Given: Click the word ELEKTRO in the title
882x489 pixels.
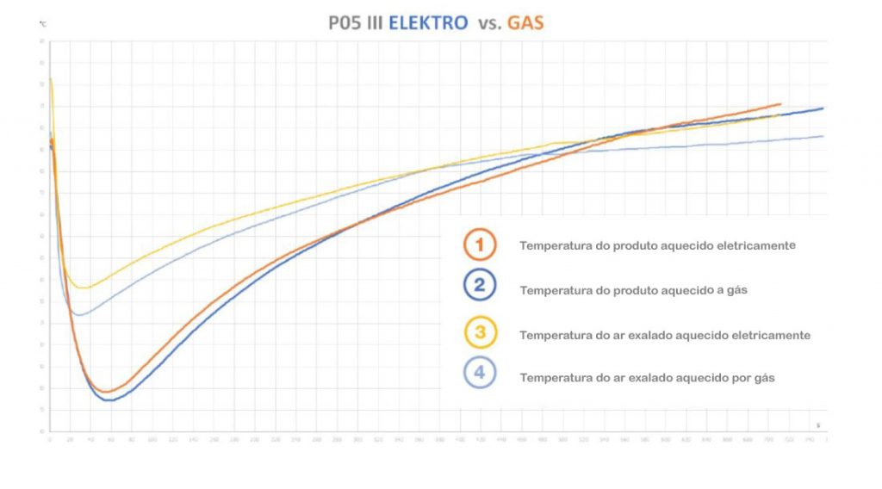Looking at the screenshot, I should (x=427, y=24).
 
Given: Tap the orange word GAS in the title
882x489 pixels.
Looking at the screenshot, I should (x=525, y=24).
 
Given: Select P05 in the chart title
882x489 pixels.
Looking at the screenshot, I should (x=347, y=24).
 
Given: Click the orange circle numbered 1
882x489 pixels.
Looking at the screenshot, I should (x=480, y=245).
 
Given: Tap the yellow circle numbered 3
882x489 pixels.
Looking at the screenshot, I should (x=480, y=332).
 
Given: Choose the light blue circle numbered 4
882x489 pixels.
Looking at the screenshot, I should (x=480, y=374).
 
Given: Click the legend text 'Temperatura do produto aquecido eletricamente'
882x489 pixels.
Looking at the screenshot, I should (x=657, y=245).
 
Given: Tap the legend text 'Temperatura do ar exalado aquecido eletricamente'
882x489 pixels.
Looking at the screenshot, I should (x=665, y=335).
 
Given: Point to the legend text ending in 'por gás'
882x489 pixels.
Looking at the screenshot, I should (x=648, y=377).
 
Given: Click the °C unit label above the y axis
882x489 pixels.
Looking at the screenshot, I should (x=42, y=25).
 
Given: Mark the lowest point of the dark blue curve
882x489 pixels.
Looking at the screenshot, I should (x=110, y=400).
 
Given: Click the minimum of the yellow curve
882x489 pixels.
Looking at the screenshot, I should (x=84, y=288).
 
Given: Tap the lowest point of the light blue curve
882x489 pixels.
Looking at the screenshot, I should (x=79, y=315).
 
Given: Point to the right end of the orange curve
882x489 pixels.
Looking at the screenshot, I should (x=780, y=103).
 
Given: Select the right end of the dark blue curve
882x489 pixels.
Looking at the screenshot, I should (x=823, y=108).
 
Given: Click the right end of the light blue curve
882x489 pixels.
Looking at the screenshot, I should (x=823, y=136).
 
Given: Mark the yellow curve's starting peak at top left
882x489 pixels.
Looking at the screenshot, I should (x=51, y=78).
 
